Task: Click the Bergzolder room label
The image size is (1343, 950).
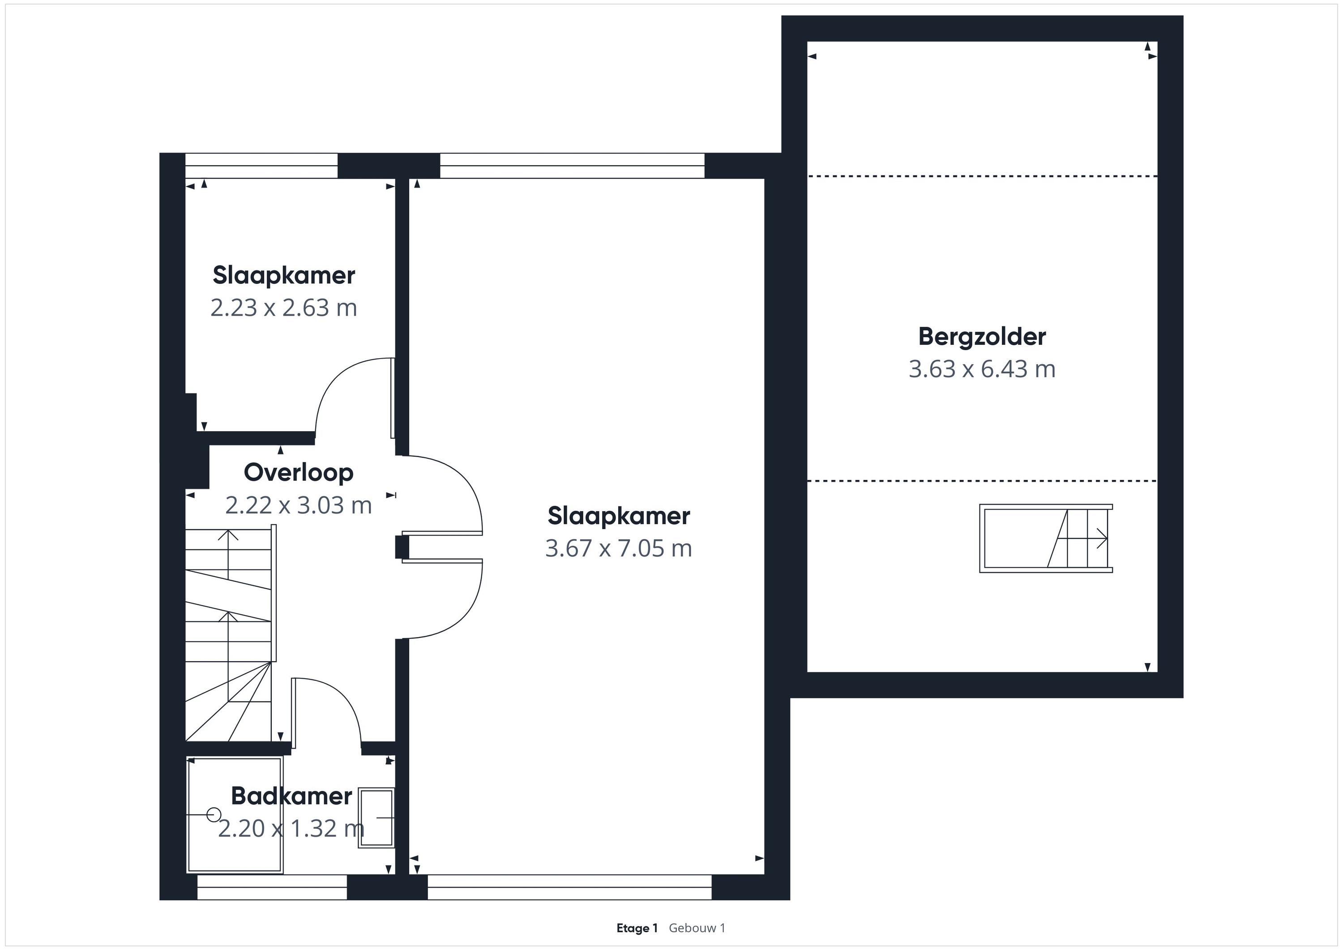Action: [982, 337]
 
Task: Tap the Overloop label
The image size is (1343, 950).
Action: [298, 473]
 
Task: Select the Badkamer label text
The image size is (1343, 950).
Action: [291, 796]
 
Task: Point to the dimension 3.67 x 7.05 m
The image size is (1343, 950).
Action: [619, 548]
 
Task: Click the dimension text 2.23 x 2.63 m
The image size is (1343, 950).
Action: [284, 308]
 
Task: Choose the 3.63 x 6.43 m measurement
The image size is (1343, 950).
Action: [982, 369]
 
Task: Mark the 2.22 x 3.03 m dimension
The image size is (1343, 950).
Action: [298, 505]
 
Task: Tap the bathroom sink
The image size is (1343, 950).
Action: [376, 817]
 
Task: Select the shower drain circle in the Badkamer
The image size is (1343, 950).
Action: [214, 814]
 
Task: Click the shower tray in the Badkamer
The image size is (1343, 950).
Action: [235, 815]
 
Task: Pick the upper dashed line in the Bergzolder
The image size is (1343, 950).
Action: [983, 176]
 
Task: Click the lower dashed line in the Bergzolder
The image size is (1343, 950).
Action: [983, 481]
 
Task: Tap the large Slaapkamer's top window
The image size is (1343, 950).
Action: [572, 166]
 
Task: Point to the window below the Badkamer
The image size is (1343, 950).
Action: [272, 887]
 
